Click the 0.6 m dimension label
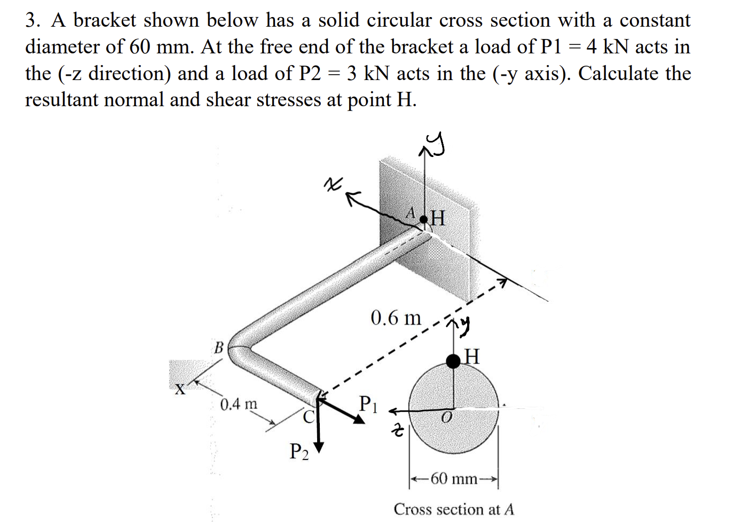[x=396, y=318]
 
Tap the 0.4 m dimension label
[x=238, y=404]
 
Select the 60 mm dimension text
[x=454, y=479]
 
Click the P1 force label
[x=368, y=404]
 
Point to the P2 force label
[x=299, y=452]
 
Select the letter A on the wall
[x=411, y=212]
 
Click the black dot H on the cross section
[x=453, y=361]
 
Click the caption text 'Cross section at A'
[x=454, y=509]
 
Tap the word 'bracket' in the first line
[x=105, y=21]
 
